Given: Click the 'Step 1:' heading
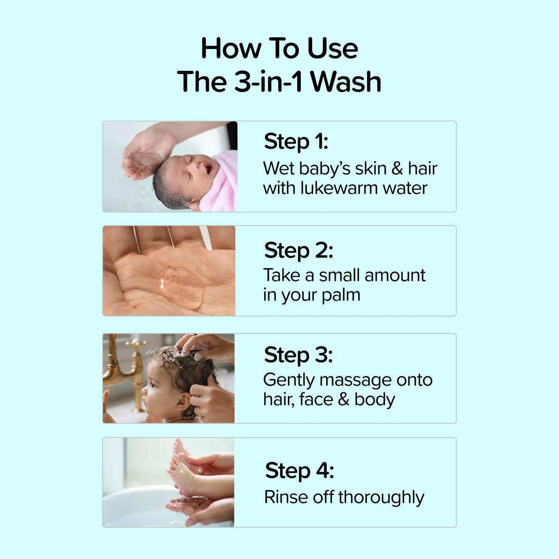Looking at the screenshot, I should pos(296,141).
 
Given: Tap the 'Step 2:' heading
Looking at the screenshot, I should pos(298,250).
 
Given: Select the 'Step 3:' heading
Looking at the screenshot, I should pos(298,355).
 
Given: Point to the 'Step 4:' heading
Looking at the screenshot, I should pos(299,470).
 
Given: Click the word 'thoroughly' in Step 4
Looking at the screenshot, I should pos(381,497).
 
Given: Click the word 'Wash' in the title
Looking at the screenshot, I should pos(346,82).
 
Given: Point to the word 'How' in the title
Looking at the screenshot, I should pos(231,49).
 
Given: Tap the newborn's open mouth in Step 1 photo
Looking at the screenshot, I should pos(208,168).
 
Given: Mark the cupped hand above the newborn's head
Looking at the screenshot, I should pos(145,155).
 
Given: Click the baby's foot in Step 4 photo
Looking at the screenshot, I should pos(182,474).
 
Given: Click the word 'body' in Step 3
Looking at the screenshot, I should pos(374,400).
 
